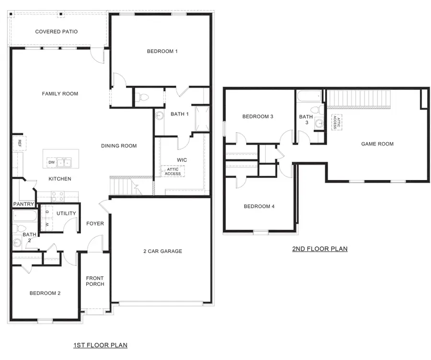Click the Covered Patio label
[x=56, y=32]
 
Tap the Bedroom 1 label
[x=162, y=51]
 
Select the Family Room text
[x=60, y=94]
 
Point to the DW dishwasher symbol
[x=51, y=163]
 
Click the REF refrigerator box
[x=19, y=143]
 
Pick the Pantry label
[x=23, y=204]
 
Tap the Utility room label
[x=66, y=214]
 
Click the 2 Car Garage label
[x=162, y=251]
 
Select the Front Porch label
[x=95, y=281]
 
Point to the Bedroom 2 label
[x=45, y=293]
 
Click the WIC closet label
[x=181, y=160]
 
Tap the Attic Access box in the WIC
[x=172, y=171]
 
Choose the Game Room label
[x=377, y=144]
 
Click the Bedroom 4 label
[x=259, y=206]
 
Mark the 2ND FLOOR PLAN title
[x=319, y=249]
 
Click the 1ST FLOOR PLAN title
[x=100, y=345]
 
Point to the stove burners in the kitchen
[x=57, y=196]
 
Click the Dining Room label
[x=119, y=146]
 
